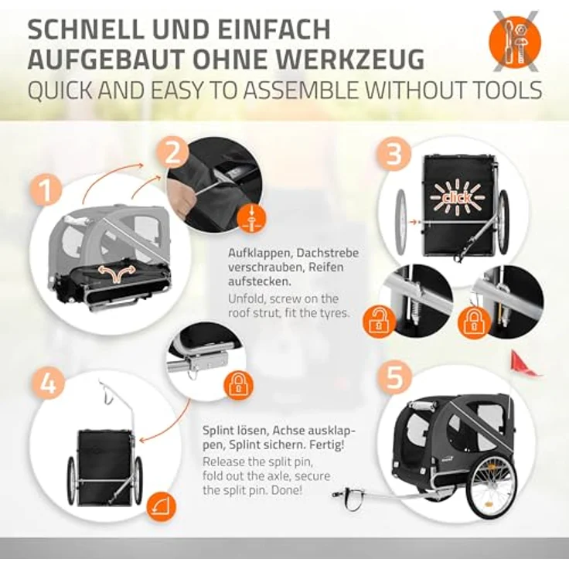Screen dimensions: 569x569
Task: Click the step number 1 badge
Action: point(45,189)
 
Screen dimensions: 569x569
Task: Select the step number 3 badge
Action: point(394,154)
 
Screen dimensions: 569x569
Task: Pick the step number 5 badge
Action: point(394,376)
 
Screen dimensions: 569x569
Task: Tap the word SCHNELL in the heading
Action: point(85,29)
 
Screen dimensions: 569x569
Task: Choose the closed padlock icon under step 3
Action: point(474,322)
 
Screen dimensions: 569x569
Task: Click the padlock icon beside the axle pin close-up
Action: point(238,384)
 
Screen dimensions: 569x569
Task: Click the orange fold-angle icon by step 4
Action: point(161,507)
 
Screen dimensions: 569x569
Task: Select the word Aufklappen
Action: point(260,253)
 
